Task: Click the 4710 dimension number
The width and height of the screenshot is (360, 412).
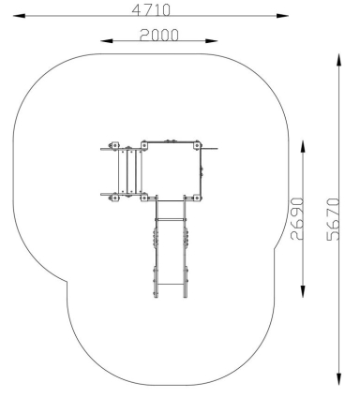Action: [x=151, y=10]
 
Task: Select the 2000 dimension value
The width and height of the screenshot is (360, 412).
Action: [x=159, y=35]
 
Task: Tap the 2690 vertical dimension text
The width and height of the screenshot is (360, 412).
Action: [x=297, y=218]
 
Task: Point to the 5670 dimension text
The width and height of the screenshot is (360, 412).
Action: [x=333, y=219]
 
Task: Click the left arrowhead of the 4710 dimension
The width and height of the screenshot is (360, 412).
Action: [x=19, y=16]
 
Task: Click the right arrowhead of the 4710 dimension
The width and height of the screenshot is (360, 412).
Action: [x=282, y=16]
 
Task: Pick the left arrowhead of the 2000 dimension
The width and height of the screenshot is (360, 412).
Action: [x=106, y=40]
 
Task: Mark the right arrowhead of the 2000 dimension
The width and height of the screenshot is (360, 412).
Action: [x=212, y=40]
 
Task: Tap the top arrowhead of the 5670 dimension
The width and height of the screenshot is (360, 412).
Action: [x=338, y=60]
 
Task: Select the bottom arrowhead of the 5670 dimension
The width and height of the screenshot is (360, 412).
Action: [x=338, y=379]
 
